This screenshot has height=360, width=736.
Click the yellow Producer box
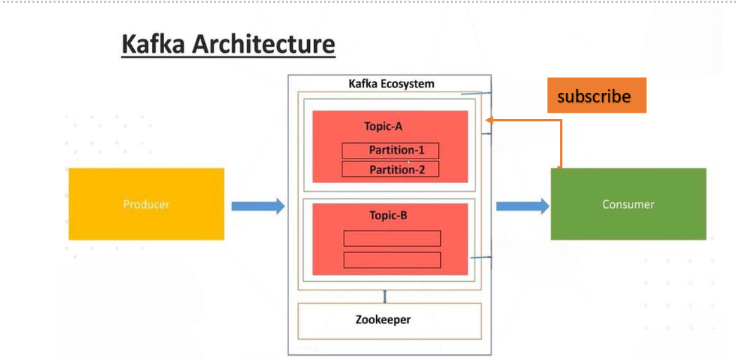click(x=146, y=204)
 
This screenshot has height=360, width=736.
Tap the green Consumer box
click(x=628, y=204)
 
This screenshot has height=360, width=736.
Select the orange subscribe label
click(x=597, y=96)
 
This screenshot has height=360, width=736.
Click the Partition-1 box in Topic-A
click(x=390, y=151)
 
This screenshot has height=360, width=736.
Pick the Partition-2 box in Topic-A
click(x=390, y=169)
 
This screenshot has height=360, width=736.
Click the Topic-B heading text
click(x=388, y=216)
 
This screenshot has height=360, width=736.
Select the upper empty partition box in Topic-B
click(x=392, y=238)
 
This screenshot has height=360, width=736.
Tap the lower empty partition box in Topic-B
click(x=392, y=260)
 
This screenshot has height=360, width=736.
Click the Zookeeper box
click(x=389, y=321)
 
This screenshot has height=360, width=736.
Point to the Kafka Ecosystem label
click(x=392, y=84)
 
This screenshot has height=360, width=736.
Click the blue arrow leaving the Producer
click(x=258, y=206)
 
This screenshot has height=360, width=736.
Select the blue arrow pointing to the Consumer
click(x=523, y=206)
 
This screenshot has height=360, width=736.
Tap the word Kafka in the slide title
click(x=153, y=44)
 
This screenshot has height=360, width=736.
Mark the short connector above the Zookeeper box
click(x=385, y=296)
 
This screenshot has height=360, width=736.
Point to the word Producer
click(x=146, y=204)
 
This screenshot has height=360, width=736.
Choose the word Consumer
click(x=628, y=204)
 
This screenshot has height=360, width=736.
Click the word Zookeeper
click(x=383, y=320)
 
